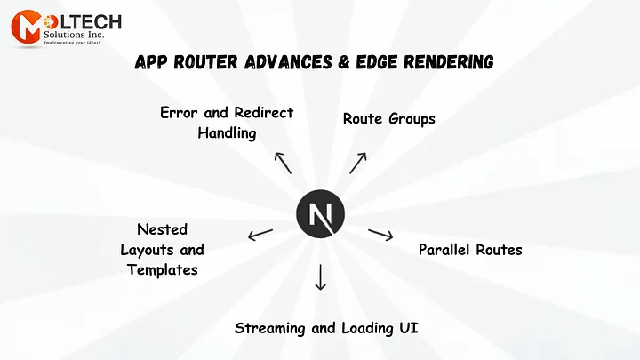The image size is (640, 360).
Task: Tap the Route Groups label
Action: coord(389,118)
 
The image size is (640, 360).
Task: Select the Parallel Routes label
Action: coord(470,250)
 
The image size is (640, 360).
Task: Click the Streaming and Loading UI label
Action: coord(326,328)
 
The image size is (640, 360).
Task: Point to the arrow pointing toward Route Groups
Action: coord(357,163)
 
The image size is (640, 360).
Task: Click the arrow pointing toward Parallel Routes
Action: coord(380,235)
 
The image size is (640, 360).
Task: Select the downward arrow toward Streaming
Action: coord(320,277)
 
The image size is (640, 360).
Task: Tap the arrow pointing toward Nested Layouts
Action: coord(260,235)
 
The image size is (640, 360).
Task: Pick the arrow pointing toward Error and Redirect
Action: coord(283,162)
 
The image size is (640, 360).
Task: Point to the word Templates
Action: coord(163,269)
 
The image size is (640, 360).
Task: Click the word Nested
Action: coord(163,229)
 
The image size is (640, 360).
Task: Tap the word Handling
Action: coord(227,133)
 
